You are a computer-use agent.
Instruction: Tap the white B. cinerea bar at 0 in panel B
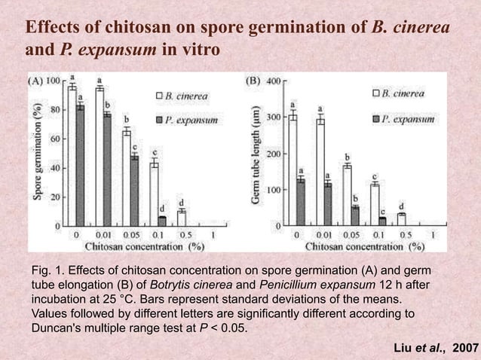(x=292, y=171)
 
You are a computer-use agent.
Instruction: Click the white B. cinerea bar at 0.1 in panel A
(x=154, y=194)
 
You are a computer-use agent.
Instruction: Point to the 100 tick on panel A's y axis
(x=63, y=80)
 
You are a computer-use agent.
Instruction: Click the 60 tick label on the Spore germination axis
(x=55, y=139)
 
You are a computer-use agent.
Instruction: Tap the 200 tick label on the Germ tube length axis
(x=274, y=154)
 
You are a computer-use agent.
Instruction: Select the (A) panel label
(x=35, y=80)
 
